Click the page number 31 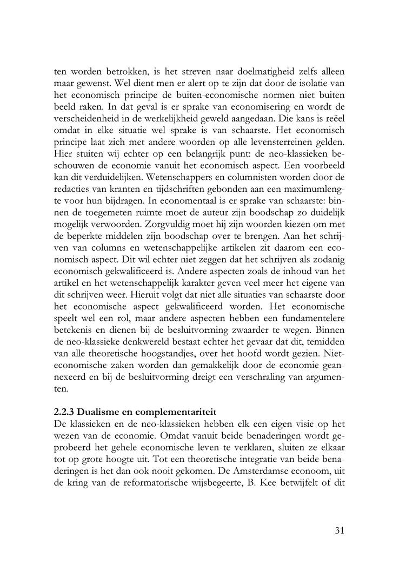click(340, 530)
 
